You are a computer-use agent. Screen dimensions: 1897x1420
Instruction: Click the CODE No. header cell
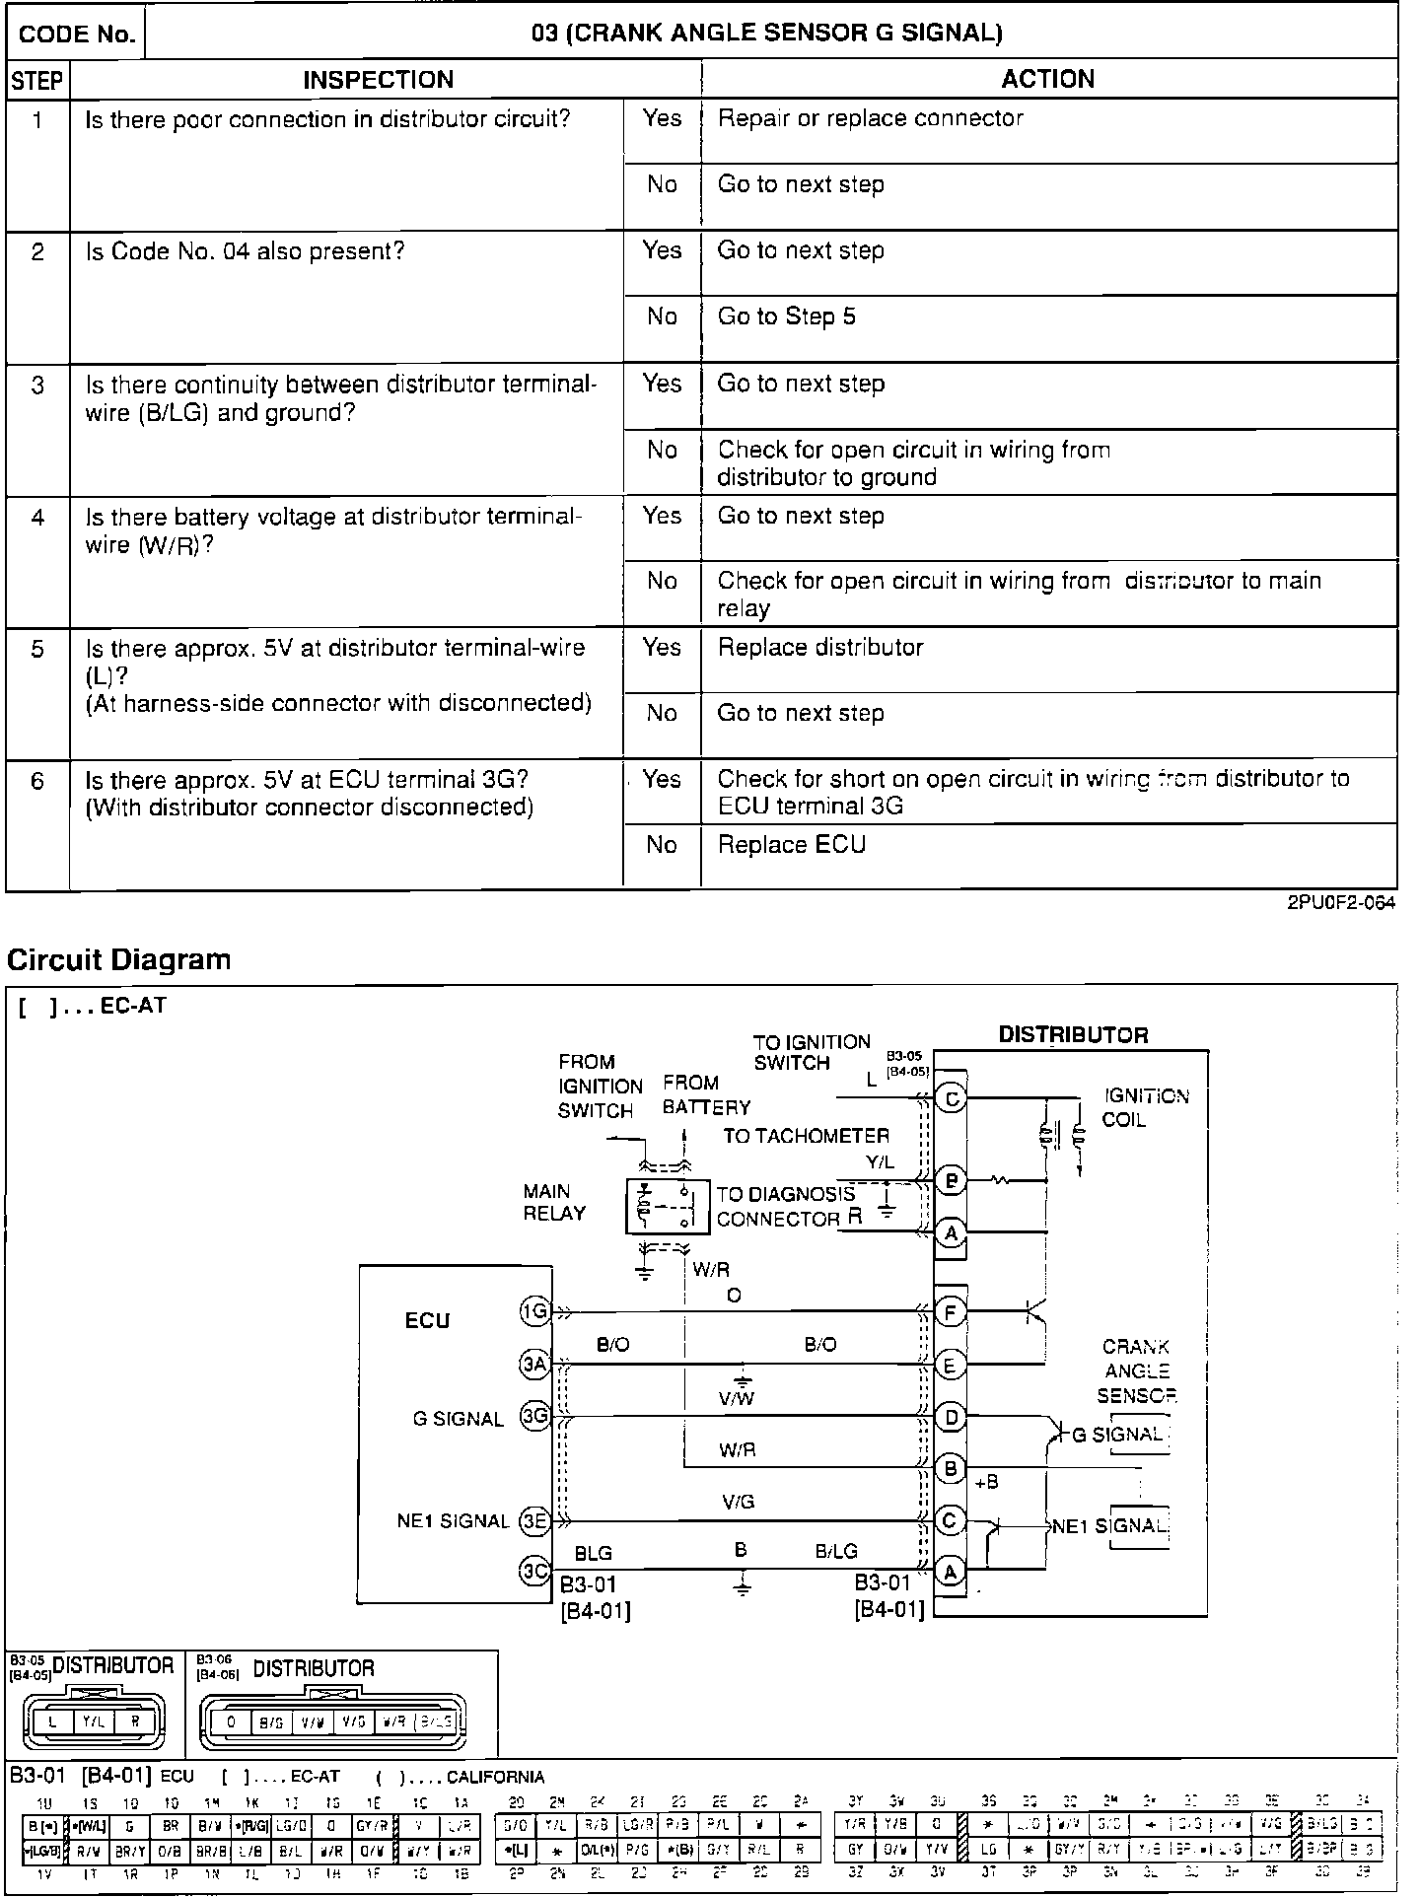(x=76, y=35)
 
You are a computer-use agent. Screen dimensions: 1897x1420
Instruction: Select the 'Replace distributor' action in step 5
(x=819, y=648)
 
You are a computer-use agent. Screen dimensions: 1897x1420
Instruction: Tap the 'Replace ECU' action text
(x=791, y=845)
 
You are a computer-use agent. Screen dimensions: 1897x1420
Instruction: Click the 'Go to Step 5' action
(x=786, y=316)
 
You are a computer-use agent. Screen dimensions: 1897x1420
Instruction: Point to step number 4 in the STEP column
(x=37, y=517)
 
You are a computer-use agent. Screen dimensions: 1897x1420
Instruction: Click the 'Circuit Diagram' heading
(x=119, y=959)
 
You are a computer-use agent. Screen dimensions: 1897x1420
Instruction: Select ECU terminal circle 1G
(x=534, y=1311)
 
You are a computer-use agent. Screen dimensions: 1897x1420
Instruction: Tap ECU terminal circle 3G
(x=534, y=1417)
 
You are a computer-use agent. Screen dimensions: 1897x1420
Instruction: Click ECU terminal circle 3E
(x=534, y=1520)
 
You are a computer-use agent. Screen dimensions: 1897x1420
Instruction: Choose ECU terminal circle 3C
(x=534, y=1570)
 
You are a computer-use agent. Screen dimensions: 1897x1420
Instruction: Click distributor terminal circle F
(x=950, y=1312)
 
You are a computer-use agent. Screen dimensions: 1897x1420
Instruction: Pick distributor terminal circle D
(x=950, y=1417)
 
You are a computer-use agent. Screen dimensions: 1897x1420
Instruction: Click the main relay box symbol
(x=668, y=1206)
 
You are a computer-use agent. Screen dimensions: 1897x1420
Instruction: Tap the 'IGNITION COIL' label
(x=1145, y=1107)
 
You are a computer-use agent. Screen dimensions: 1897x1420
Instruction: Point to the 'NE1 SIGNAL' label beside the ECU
(x=453, y=1521)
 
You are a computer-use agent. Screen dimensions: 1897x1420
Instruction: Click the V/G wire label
(x=738, y=1502)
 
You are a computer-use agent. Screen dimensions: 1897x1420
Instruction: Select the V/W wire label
(x=737, y=1398)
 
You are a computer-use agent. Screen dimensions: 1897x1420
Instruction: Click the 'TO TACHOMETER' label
(x=806, y=1136)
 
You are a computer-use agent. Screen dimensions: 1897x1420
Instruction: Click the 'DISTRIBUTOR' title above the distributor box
(x=1073, y=1035)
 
